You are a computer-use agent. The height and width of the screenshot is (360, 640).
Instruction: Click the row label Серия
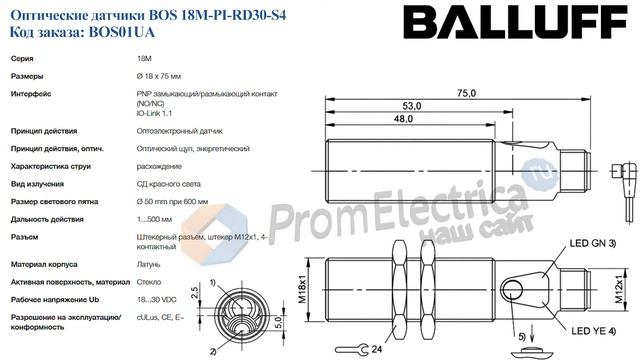click(25, 60)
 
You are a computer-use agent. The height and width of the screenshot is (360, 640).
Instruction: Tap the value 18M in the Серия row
click(144, 60)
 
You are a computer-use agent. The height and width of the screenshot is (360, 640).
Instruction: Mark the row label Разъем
click(27, 236)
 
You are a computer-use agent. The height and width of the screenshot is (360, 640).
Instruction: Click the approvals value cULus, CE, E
click(159, 316)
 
